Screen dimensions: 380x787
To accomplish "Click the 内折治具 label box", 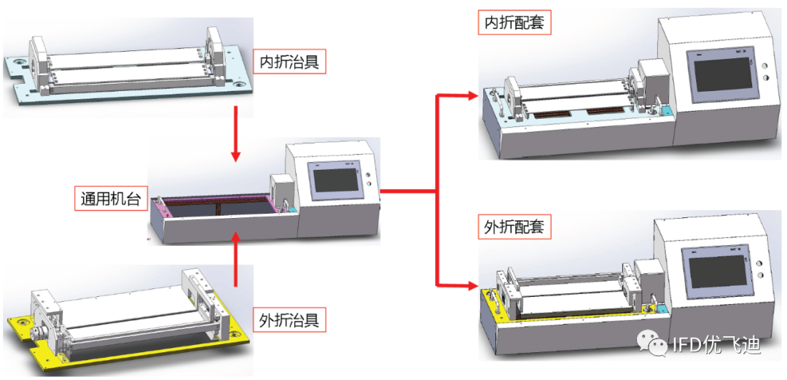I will click(x=289, y=62).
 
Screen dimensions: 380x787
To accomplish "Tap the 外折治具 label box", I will click(x=289, y=319).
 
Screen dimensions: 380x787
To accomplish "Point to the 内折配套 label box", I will click(x=514, y=23).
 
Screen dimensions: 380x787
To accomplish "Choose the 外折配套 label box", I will click(x=514, y=227).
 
